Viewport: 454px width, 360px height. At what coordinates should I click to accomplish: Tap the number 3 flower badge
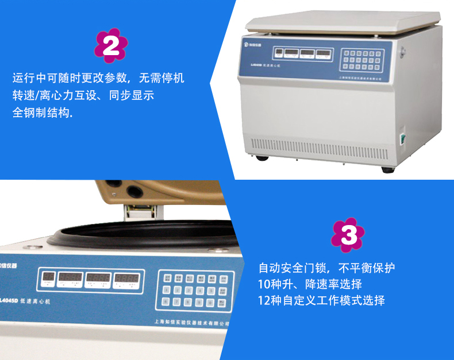[x=349, y=234]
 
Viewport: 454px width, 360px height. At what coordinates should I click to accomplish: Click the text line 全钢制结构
[x=43, y=113]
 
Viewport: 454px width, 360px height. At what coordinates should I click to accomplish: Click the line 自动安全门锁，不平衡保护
[x=326, y=268]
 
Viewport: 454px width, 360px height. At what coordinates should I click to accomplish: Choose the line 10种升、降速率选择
[x=310, y=284]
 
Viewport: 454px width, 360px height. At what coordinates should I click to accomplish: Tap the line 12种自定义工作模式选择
[x=321, y=300]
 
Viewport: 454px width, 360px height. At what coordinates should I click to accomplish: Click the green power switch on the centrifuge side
[x=403, y=138]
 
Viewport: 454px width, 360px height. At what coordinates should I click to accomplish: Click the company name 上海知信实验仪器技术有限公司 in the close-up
[x=193, y=323]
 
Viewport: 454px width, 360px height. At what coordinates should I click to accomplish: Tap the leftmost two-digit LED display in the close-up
[x=47, y=280]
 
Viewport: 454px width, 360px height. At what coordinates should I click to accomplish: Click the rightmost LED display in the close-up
[x=125, y=280]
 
